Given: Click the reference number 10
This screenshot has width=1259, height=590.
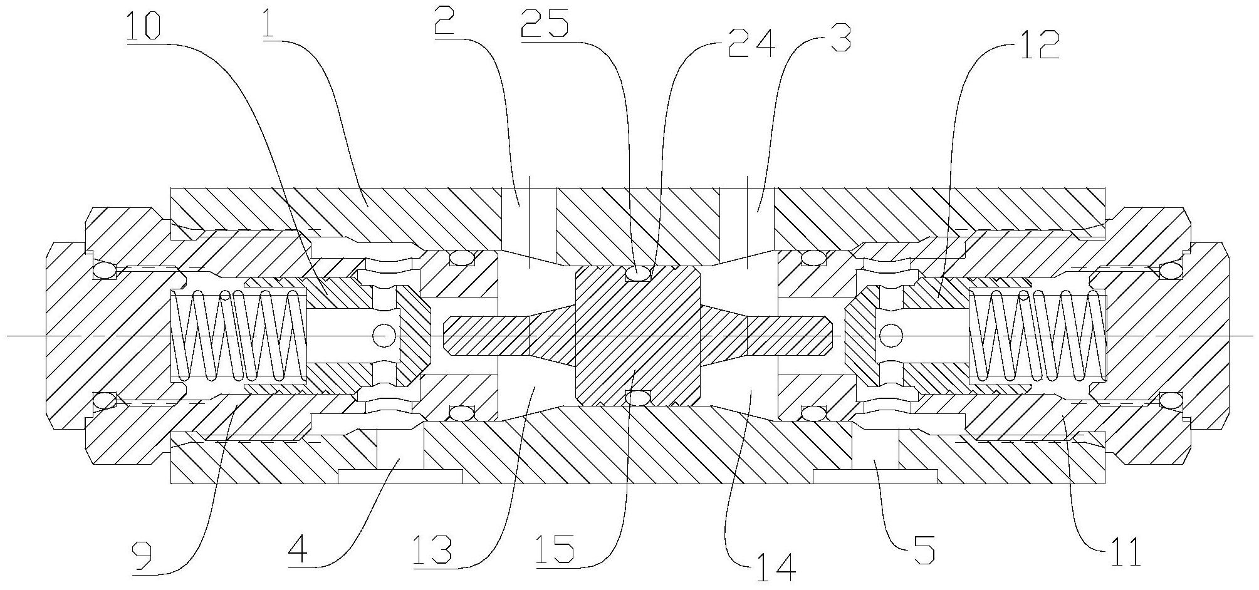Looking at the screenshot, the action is [x=144, y=26].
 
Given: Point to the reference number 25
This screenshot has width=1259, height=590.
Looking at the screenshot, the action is [x=544, y=26].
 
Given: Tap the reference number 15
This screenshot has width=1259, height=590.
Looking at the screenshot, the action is [x=556, y=551].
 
